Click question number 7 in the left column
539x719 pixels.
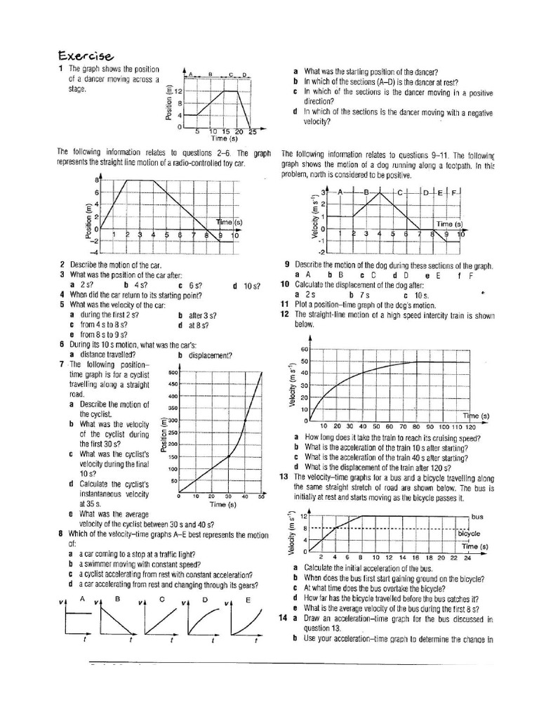[62, 365]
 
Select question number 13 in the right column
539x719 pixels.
[283, 477]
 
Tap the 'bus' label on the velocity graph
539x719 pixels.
[478, 516]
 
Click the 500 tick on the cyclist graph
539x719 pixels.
[173, 372]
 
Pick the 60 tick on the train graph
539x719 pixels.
[305, 349]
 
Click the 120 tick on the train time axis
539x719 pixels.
[470, 427]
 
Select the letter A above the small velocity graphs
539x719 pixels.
[82, 598]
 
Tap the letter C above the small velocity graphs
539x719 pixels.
[161, 599]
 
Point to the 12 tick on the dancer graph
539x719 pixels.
[178, 92]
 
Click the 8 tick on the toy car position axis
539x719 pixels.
[97, 181]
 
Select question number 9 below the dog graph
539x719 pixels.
[287, 265]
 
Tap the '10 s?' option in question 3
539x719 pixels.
[250, 285]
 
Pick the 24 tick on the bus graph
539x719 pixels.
[467, 558]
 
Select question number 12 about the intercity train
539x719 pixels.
[284, 315]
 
